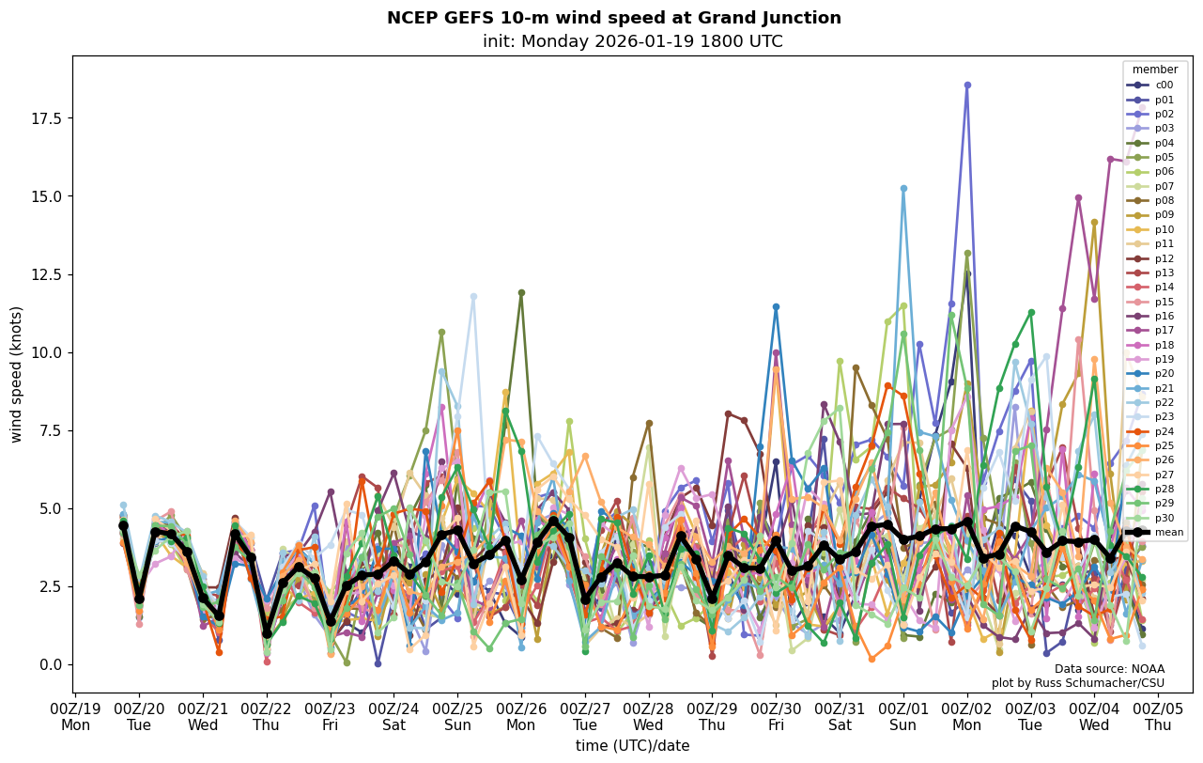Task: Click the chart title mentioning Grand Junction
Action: pos(613,18)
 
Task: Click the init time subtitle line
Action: pos(632,41)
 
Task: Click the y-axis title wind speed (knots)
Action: pos(16,374)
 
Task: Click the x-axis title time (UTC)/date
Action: pos(632,746)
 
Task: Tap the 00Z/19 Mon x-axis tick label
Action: pos(75,717)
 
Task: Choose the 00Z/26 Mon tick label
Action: pos(520,717)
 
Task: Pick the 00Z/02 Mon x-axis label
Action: pos(967,717)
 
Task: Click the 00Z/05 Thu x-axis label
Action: pos(1158,717)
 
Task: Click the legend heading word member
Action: pos(1154,70)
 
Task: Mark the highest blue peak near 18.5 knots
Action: pos(967,86)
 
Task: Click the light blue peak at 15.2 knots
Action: pos(903,189)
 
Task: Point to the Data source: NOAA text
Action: pos(1109,669)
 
